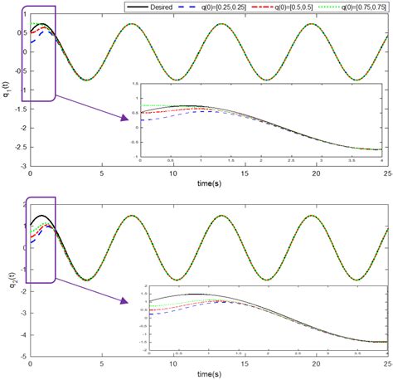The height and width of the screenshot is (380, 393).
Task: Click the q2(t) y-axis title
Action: [7, 270]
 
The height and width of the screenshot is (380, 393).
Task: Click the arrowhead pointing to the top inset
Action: [125, 118]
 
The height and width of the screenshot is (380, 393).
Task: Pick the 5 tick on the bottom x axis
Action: [101, 363]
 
